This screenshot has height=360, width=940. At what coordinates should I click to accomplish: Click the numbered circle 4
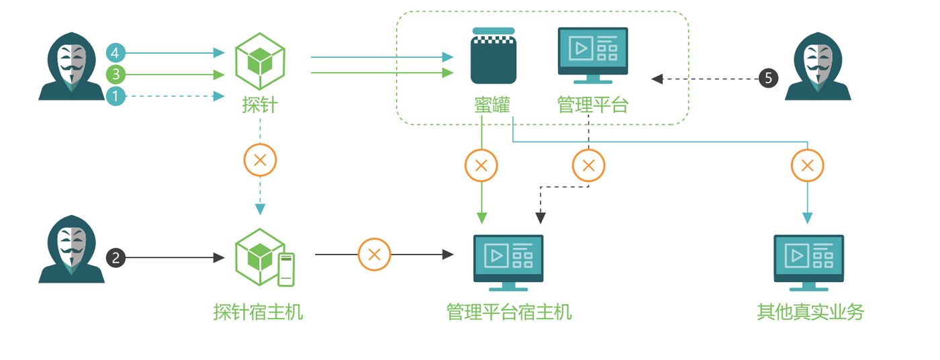click(x=116, y=52)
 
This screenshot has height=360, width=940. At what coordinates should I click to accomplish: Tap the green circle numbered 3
click(x=116, y=74)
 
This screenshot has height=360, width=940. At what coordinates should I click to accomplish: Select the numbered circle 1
click(x=116, y=96)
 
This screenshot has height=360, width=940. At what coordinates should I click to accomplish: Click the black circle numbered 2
click(x=116, y=257)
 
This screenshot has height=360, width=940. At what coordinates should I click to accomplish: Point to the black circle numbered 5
click(x=768, y=79)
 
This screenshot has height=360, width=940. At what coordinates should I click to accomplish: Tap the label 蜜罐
click(x=492, y=105)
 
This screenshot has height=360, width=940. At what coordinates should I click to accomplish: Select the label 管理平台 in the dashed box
click(x=592, y=105)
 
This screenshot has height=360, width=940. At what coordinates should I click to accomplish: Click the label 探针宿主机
click(x=258, y=312)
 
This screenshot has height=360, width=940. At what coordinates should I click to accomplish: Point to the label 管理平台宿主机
click(x=509, y=312)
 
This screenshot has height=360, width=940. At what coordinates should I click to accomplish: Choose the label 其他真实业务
click(x=810, y=312)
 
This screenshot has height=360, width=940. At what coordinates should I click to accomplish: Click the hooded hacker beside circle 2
click(x=71, y=249)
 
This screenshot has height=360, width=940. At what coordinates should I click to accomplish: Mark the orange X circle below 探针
click(x=260, y=161)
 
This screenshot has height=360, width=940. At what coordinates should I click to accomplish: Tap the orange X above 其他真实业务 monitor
click(x=808, y=165)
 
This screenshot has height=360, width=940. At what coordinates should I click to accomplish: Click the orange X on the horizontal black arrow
click(x=375, y=255)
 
